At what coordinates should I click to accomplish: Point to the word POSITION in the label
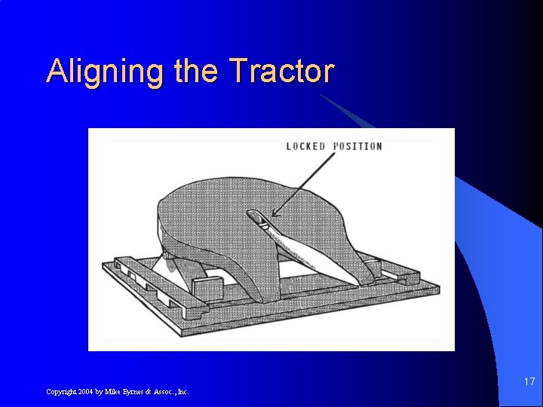pos(356,146)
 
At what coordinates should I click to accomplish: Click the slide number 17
pos(529,381)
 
